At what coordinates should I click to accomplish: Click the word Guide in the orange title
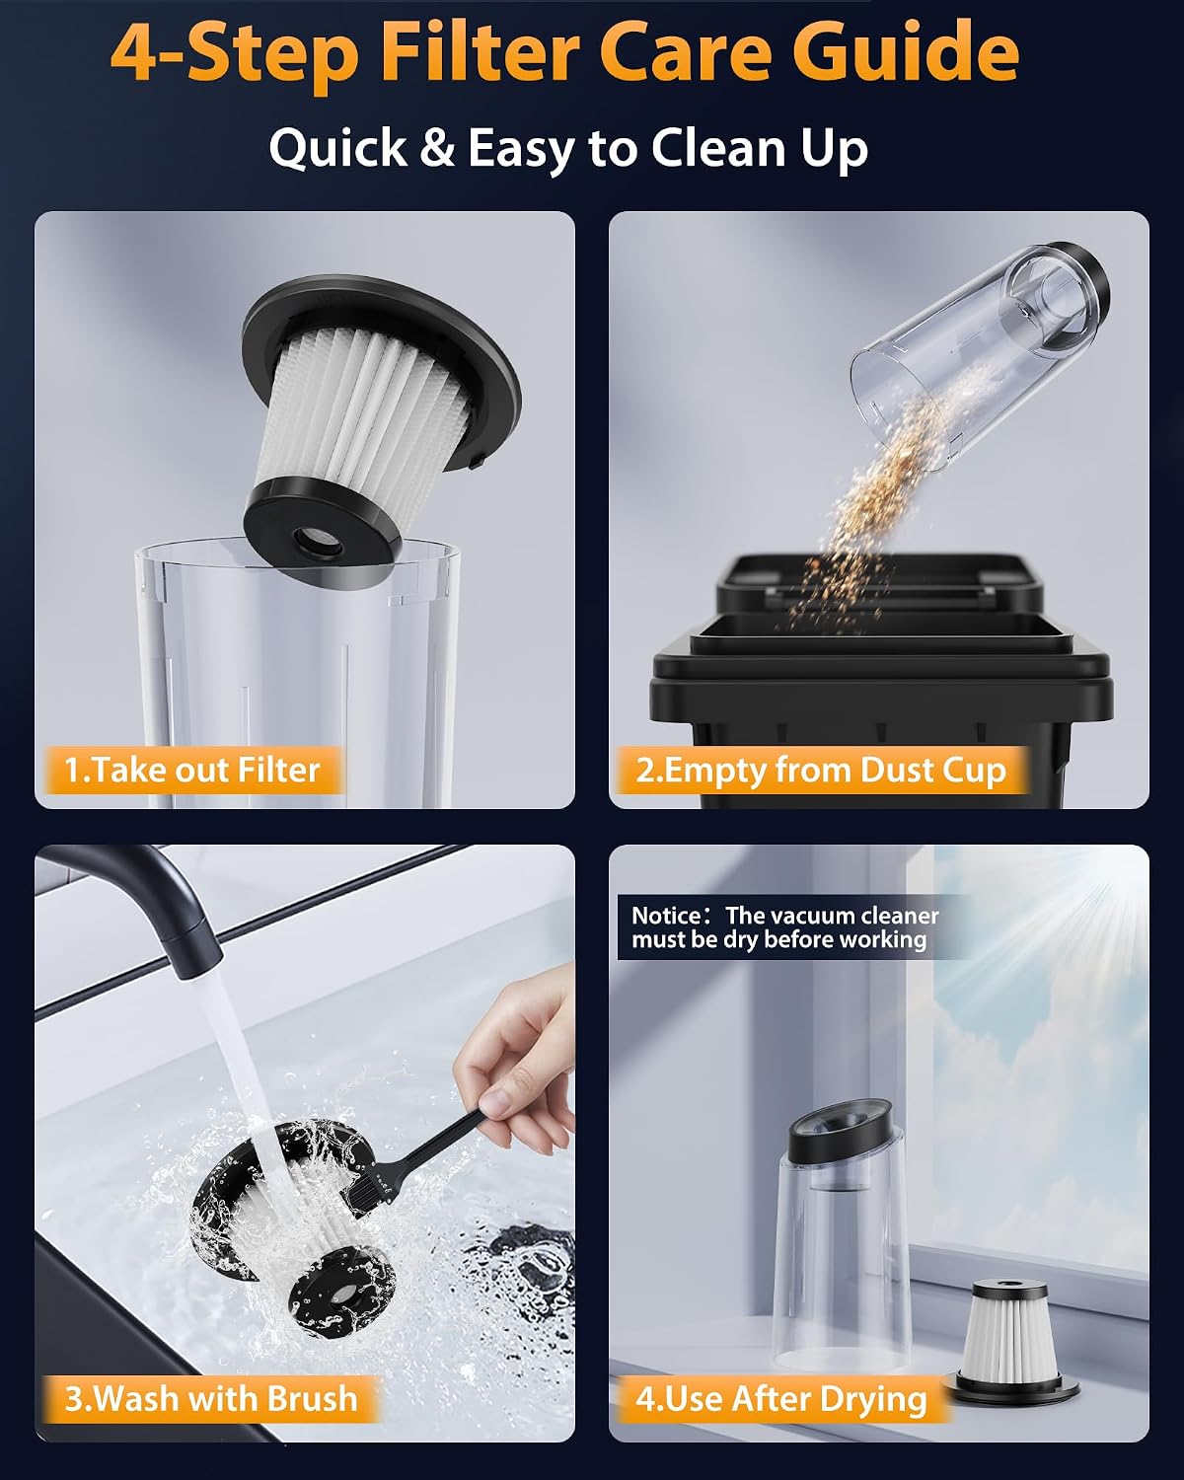(x=909, y=51)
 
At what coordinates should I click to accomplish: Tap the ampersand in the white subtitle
(x=436, y=148)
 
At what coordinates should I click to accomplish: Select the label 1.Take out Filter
(x=192, y=770)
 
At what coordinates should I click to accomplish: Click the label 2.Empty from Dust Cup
(x=821, y=771)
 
